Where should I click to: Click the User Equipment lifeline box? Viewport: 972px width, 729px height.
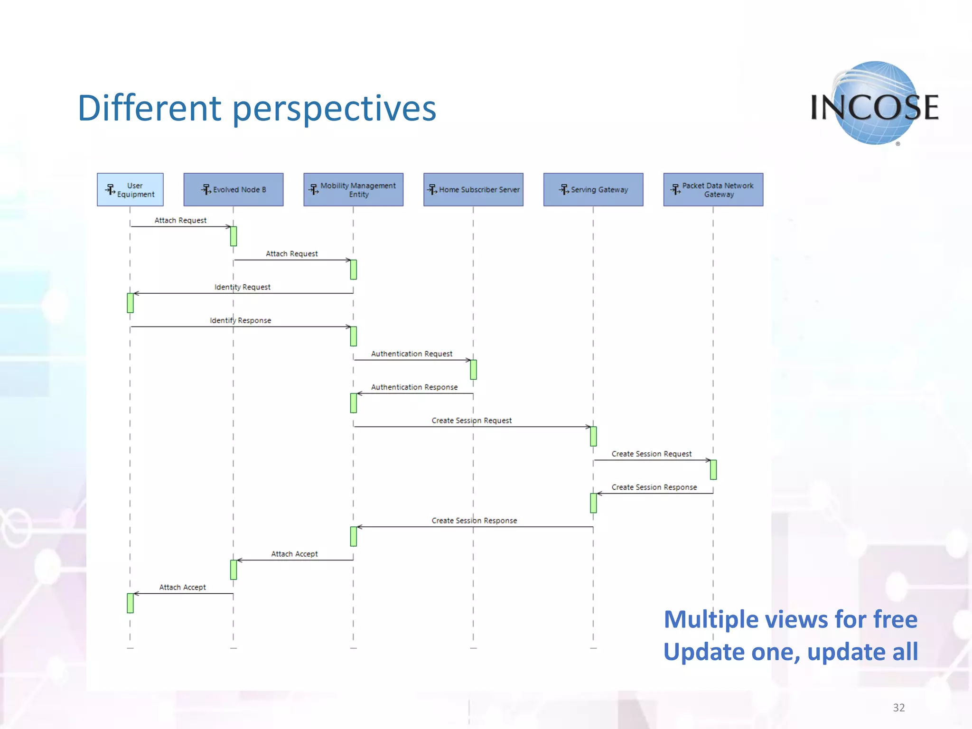(x=130, y=189)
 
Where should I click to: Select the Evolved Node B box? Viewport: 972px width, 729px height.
(x=233, y=189)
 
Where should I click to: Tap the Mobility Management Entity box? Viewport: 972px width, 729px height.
(x=353, y=189)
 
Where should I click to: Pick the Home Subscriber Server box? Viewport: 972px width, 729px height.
(x=473, y=189)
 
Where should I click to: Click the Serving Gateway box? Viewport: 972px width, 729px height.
(x=593, y=189)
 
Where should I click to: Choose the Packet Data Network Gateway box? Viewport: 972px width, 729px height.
(x=713, y=189)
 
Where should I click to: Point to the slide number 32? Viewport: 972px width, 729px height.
(x=898, y=708)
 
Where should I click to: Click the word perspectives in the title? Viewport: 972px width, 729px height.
(x=334, y=108)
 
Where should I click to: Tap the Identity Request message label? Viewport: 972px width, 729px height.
(x=242, y=287)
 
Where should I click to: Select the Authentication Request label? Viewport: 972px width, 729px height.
(x=411, y=354)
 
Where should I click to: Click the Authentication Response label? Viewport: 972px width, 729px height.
(x=414, y=387)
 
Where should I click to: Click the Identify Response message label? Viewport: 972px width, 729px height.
(x=240, y=320)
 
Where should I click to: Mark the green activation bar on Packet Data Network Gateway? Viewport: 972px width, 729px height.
(x=713, y=469)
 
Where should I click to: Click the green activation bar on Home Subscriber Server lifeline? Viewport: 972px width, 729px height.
(x=473, y=369)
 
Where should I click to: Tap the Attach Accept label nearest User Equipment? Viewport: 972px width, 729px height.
(x=182, y=587)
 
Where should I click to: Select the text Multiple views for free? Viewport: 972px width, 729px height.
(x=790, y=619)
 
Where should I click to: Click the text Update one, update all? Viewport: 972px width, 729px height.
(x=790, y=652)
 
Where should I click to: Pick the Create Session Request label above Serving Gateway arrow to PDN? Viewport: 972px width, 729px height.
(x=651, y=454)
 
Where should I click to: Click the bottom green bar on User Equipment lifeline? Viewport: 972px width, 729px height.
(x=130, y=603)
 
